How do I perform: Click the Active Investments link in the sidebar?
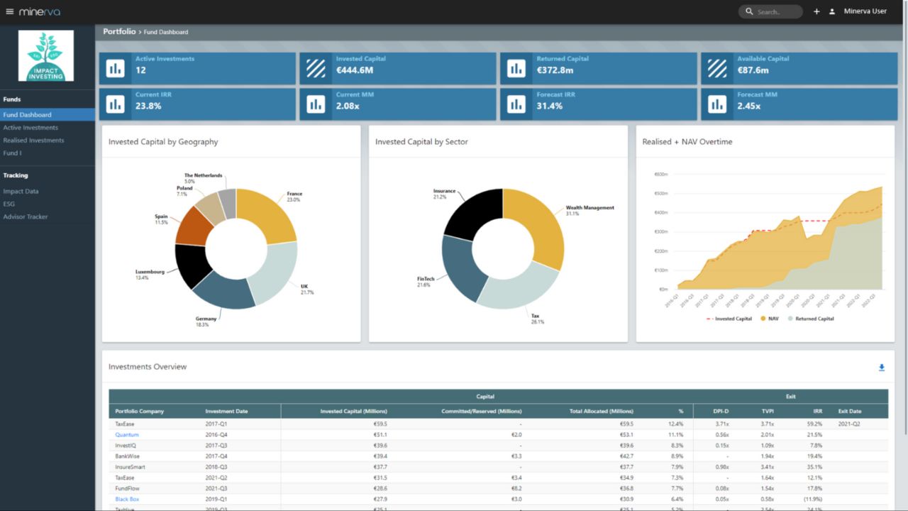coord(31,128)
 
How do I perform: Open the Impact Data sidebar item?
coord(21,191)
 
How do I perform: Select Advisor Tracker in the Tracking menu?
coord(26,216)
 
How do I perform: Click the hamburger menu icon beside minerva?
coord(9,11)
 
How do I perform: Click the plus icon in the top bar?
coord(816,11)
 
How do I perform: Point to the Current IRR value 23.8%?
coord(148,106)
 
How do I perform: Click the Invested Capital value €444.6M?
coord(355,70)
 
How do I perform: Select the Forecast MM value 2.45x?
coord(748,106)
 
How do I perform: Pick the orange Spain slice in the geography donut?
coord(194,226)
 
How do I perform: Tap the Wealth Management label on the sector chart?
coord(589,208)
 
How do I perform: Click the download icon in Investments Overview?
coord(882,368)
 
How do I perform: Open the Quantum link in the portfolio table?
coord(127,434)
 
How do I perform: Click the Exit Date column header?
coord(850,411)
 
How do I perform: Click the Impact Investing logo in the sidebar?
coord(46,56)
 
